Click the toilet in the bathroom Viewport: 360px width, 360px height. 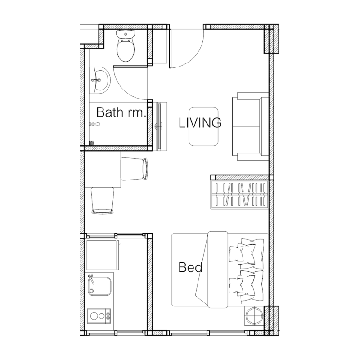tap(126, 46)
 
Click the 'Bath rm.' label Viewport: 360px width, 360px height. tap(121, 112)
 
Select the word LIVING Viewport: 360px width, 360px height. tap(200, 122)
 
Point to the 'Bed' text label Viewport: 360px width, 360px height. tap(190, 267)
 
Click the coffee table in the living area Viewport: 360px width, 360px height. tap(203, 126)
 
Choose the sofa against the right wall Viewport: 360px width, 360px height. tap(251, 126)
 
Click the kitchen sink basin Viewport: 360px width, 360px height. tap(99, 286)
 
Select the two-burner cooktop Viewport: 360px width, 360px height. tap(99, 316)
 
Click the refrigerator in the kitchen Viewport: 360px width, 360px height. tap(103, 255)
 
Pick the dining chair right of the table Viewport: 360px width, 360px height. tap(134, 169)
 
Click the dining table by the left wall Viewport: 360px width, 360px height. tap(103, 169)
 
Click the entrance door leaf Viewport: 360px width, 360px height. tap(171, 48)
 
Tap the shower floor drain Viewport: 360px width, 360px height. tap(92, 143)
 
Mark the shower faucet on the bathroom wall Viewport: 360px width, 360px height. tap(94, 124)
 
